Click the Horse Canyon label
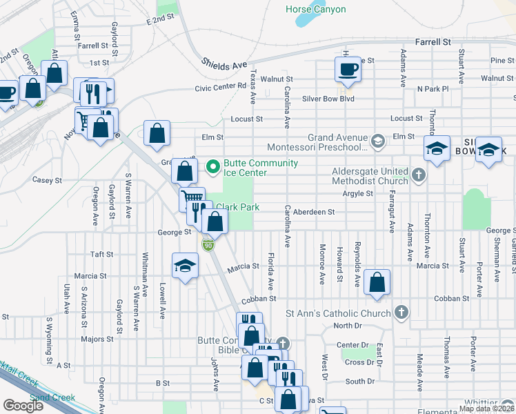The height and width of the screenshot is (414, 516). tap(316, 10)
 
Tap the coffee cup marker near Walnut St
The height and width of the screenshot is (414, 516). tap(347, 69)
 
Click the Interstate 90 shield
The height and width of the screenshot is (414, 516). tap(207, 245)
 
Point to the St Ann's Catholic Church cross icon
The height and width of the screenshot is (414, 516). tap(401, 313)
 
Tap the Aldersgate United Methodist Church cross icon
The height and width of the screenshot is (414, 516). tap(418, 175)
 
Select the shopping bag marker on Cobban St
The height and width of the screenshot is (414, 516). tap(377, 282)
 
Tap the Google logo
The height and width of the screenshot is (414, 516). tap(23, 406)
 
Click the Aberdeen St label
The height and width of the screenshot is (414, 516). tap(313, 212)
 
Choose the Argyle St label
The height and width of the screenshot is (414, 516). tap(357, 194)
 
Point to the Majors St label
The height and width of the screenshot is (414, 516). tap(97, 339)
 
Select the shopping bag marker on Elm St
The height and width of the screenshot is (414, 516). tap(157, 135)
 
